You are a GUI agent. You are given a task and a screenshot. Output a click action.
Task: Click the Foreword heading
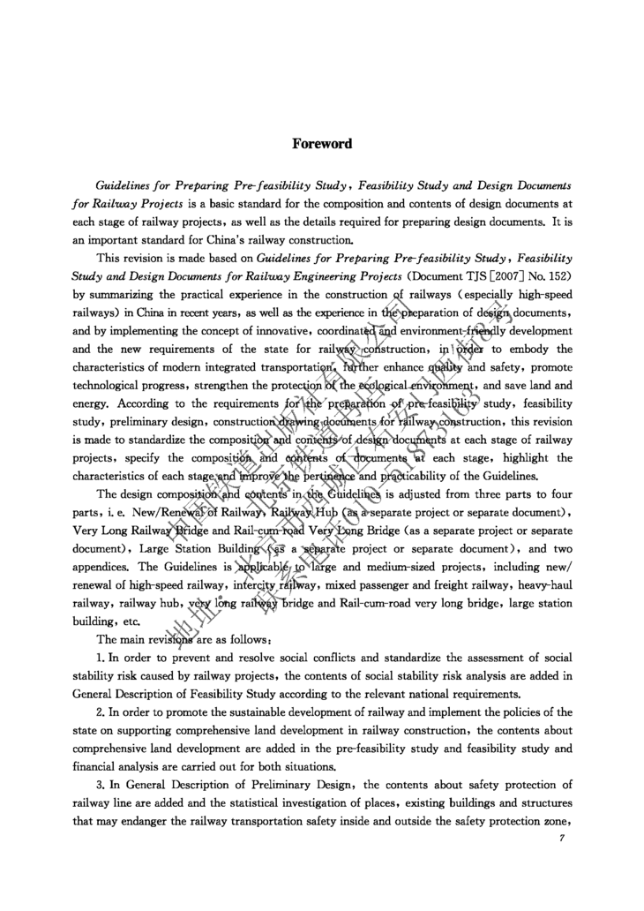click(x=322, y=144)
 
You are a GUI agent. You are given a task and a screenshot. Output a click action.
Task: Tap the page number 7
click(x=562, y=839)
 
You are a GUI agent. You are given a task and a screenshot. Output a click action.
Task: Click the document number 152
click(x=558, y=275)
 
